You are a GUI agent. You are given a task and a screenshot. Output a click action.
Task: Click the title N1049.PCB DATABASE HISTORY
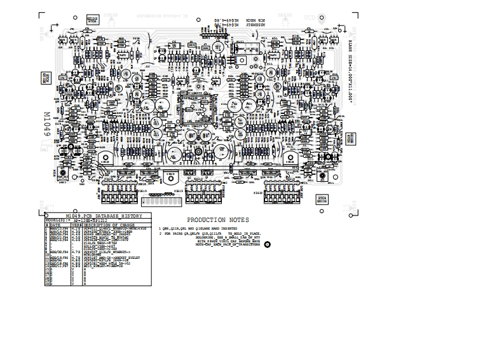point(95,216)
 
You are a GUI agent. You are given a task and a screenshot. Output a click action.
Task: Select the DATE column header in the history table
point(57,225)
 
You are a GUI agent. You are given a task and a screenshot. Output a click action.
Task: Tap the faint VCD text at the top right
point(310,18)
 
